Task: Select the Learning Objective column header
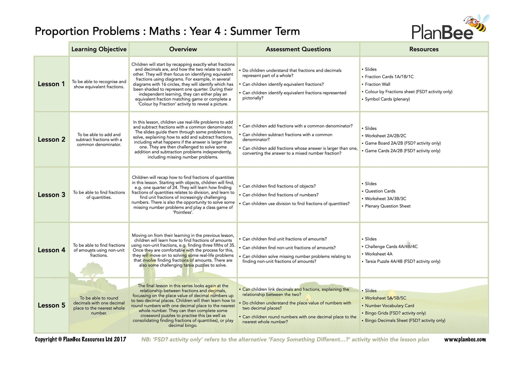[x=99, y=49]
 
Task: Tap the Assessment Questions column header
[x=298, y=49]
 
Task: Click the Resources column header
[x=424, y=49]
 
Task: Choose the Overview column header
[x=183, y=49]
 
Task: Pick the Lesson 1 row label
[x=51, y=84]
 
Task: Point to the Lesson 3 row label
[x=51, y=195]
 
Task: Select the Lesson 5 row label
[x=51, y=305]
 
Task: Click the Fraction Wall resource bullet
[x=377, y=84]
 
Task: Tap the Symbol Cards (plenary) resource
[x=387, y=99]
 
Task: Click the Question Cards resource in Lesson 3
[x=380, y=191]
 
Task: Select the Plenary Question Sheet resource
[x=387, y=206]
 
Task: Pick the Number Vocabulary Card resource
[x=389, y=305]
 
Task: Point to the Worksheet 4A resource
[x=378, y=254]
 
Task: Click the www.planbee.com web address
[x=465, y=339]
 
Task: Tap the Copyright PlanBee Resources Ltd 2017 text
[x=81, y=339]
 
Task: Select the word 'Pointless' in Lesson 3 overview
[x=183, y=212]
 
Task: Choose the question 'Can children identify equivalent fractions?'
[x=283, y=84]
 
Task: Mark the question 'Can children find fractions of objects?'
[x=279, y=186]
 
